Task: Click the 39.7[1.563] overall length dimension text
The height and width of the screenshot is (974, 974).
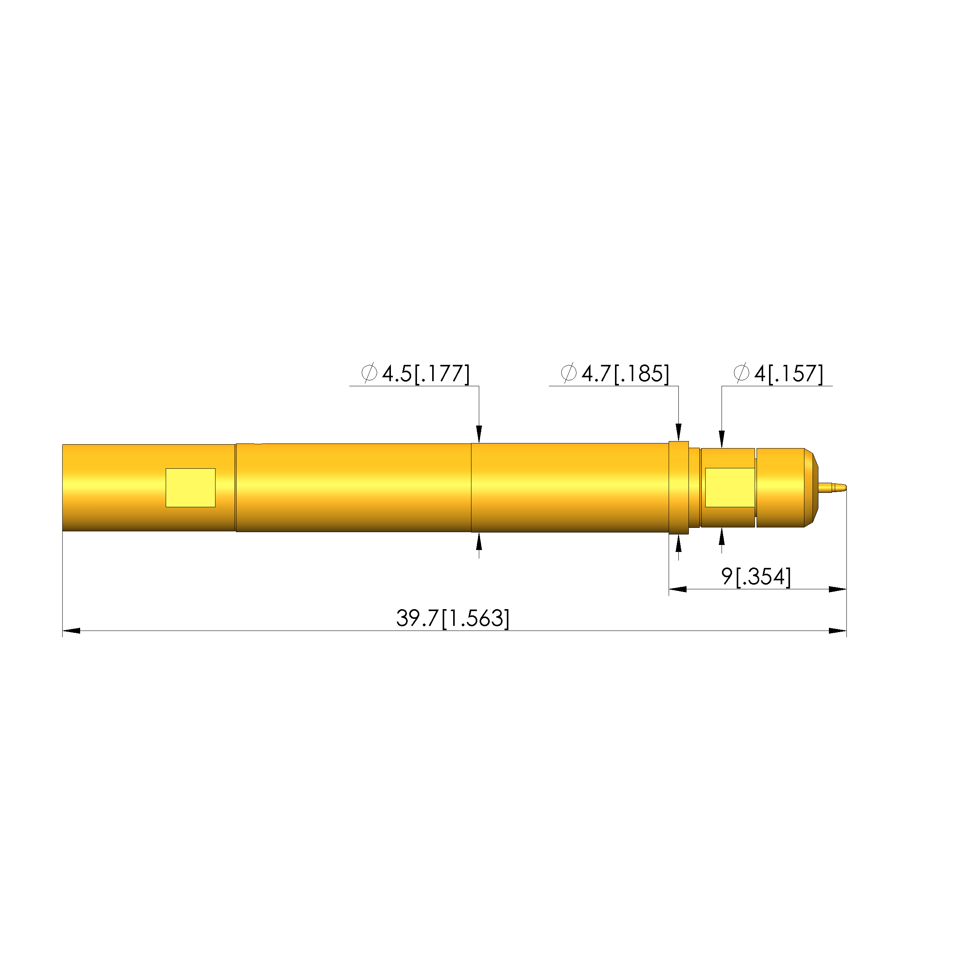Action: [453, 618]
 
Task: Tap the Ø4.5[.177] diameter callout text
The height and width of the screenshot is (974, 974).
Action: [415, 373]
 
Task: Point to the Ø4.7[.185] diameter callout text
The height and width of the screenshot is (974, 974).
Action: [615, 373]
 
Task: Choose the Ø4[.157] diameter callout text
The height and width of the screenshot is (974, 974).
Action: [778, 373]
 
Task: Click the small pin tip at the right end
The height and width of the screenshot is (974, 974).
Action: [833, 487]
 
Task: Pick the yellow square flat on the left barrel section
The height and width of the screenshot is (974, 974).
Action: [191, 487]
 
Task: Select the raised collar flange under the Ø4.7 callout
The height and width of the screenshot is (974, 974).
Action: [679, 487]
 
